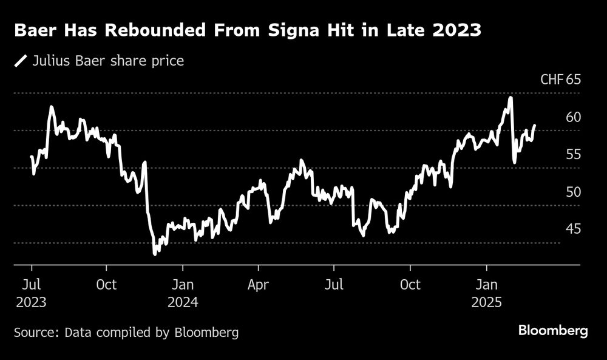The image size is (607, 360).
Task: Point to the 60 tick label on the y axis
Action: [x=573, y=117]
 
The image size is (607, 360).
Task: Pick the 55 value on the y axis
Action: [x=573, y=155]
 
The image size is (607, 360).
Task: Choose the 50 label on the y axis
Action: [x=573, y=192]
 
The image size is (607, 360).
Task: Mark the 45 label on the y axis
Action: [x=573, y=229]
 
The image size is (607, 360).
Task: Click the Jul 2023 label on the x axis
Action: [x=32, y=293]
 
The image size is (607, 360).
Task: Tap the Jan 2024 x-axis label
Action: [x=183, y=293]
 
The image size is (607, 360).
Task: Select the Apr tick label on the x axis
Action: [x=259, y=284]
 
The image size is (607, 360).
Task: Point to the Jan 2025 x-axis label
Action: [x=486, y=293]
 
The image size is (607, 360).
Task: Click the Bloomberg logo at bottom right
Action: [x=553, y=331]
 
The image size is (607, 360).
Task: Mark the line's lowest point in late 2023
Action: [x=155, y=254]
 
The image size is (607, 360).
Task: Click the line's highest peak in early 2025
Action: [x=510, y=98]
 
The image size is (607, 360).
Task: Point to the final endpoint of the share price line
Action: [x=534, y=126]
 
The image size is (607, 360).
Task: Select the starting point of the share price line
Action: [x=32, y=157]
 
